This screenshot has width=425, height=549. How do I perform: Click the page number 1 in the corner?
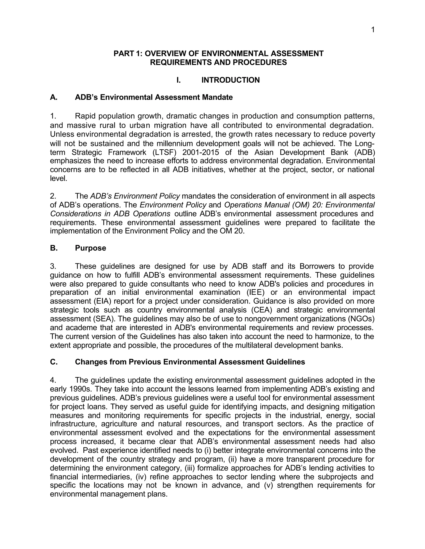coord(373,30)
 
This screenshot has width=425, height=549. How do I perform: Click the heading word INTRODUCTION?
coord(230,80)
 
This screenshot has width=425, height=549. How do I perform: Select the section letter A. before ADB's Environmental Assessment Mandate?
coord(54,97)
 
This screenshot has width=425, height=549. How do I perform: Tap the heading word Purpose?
coord(90,248)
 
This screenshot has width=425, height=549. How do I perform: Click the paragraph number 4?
coord(53,380)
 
